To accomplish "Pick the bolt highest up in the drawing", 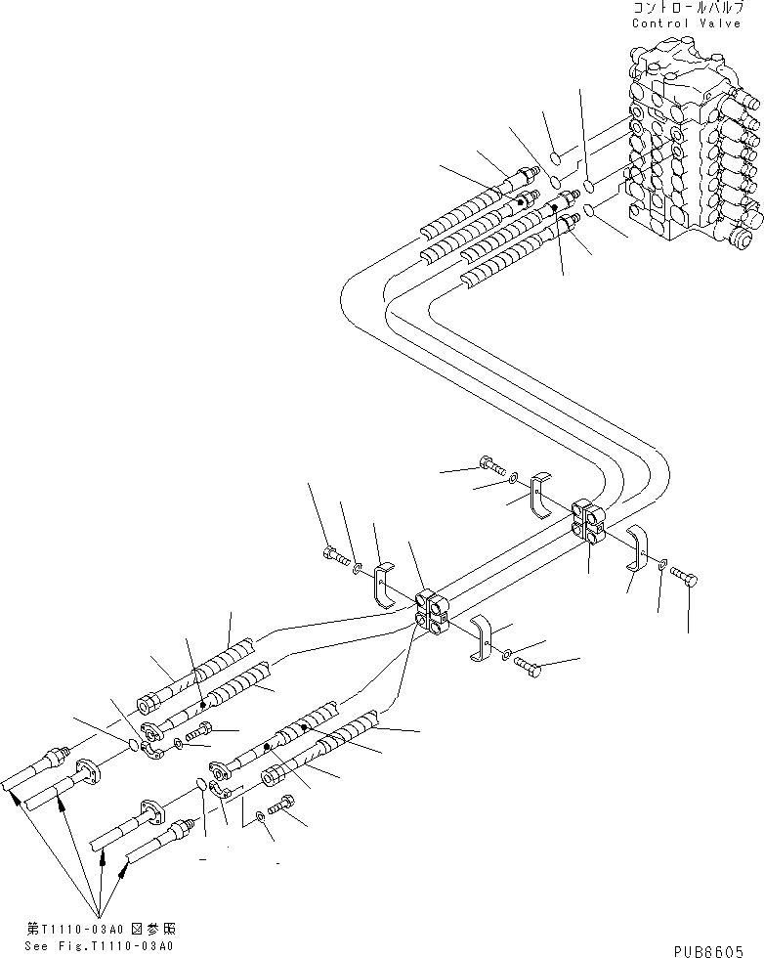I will [489, 468].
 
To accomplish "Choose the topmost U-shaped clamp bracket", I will [542, 493].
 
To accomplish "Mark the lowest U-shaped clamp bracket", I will [482, 636].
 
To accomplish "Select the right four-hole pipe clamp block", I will [589, 518].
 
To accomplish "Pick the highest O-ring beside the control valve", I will [554, 158].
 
